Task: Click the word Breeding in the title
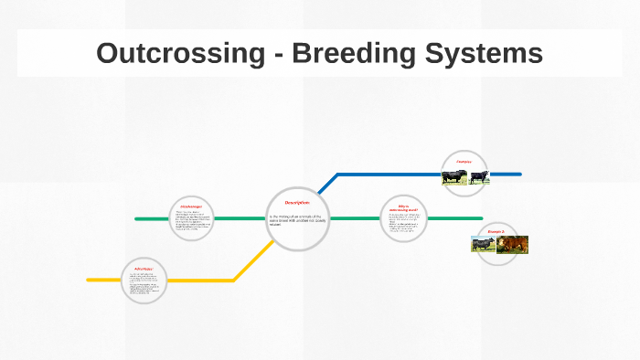(344, 53)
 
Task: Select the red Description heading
(297, 202)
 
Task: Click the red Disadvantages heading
(190, 208)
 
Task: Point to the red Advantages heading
(142, 269)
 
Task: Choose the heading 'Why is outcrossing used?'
(403, 209)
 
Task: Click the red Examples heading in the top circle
(464, 162)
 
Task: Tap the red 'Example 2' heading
(496, 232)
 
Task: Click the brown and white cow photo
(513, 244)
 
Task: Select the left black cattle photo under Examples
(454, 176)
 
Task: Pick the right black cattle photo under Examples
(479, 176)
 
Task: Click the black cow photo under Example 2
(484, 244)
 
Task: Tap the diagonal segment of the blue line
(327, 184)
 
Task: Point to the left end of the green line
(137, 219)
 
